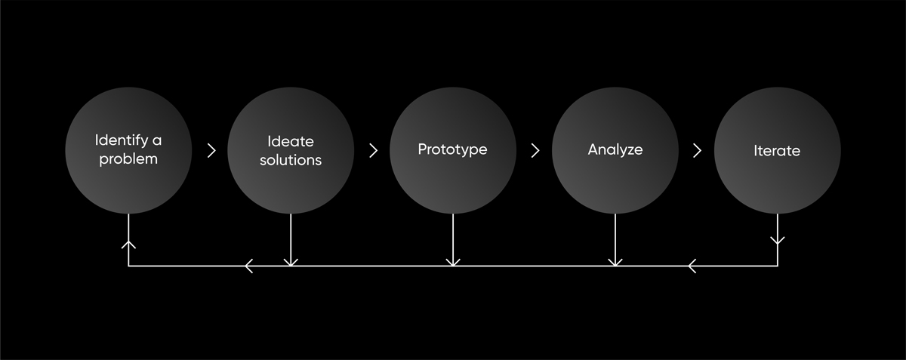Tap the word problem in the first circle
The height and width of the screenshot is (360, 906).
tap(128, 159)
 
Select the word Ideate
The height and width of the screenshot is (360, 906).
tap(291, 141)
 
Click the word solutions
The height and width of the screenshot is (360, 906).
tap(291, 160)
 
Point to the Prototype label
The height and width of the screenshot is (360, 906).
tap(452, 149)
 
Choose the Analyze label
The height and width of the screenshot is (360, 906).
tap(615, 149)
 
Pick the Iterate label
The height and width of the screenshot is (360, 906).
tap(776, 150)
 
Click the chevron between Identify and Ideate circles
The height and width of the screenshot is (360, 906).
tap(211, 150)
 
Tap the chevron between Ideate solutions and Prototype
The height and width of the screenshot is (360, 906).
tap(373, 150)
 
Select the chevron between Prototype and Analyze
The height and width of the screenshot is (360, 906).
tap(535, 150)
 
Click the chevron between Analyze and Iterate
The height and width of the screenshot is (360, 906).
tap(697, 150)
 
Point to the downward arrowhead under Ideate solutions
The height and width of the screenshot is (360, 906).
tap(291, 262)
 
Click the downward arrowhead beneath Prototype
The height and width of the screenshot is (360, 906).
tap(453, 262)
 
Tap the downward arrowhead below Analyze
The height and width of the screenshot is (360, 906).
tap(615, 262)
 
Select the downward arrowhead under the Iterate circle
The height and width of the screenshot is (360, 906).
tap(777, 241)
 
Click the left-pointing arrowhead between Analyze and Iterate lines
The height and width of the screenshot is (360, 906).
tap(693, 266)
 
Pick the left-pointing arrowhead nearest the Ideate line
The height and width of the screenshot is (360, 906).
tap(249, 266)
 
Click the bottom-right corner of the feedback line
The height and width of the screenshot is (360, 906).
tap(777, 266)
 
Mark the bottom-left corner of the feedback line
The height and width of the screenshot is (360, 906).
tap(128, 266)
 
